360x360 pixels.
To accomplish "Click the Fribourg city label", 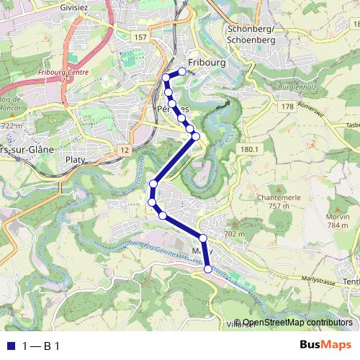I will pyautogui.click(x=206, y=63).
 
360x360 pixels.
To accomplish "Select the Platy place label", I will pyautogui.click(x=76, y=159).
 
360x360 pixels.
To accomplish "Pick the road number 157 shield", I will pyautogui.click(x=141, y=36).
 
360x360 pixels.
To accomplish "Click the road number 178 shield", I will pyautogui.click(x=287, y=107).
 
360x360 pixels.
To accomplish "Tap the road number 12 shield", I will pyautogui.click(x=125, y=150).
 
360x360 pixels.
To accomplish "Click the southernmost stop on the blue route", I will pyautogui.click(x=208, y=269).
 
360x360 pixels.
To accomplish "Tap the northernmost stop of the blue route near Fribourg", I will pyautogui.click(x=183, y=71).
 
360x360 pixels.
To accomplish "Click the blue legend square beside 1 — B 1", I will pyautogui.click(x=11, y=346).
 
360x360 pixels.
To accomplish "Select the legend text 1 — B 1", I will pyautogui.click(x=40, y=346).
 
